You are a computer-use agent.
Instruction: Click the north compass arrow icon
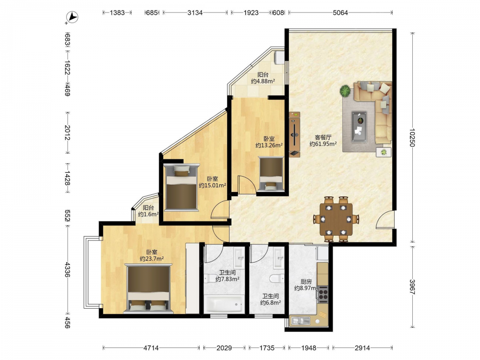tap(72, 17)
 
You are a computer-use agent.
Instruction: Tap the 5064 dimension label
tap(340, 12)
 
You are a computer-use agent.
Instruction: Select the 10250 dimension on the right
tap(412, 137)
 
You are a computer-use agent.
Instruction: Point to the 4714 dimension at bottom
tap(151, 348)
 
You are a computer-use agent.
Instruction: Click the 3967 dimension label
tap(412, 287)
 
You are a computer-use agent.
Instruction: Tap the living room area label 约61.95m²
tap(323, 144)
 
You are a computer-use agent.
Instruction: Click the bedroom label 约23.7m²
tap(152, 259)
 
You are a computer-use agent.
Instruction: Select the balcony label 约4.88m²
tap(263, 81)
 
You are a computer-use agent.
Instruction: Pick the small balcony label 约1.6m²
tap(148, 214)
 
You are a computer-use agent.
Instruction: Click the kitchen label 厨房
tap(306, 282)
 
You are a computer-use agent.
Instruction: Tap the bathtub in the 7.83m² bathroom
tap(224, 304)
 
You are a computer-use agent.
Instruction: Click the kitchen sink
tap(300, 321)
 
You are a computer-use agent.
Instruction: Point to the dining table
tap(336, 219)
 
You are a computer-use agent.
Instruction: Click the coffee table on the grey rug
tap(359, 126)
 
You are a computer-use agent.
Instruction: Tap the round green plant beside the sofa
tap(345, 91)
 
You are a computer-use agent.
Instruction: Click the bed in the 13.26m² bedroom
tap(271, 174)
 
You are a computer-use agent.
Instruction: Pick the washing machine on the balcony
tap(279, 58)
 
